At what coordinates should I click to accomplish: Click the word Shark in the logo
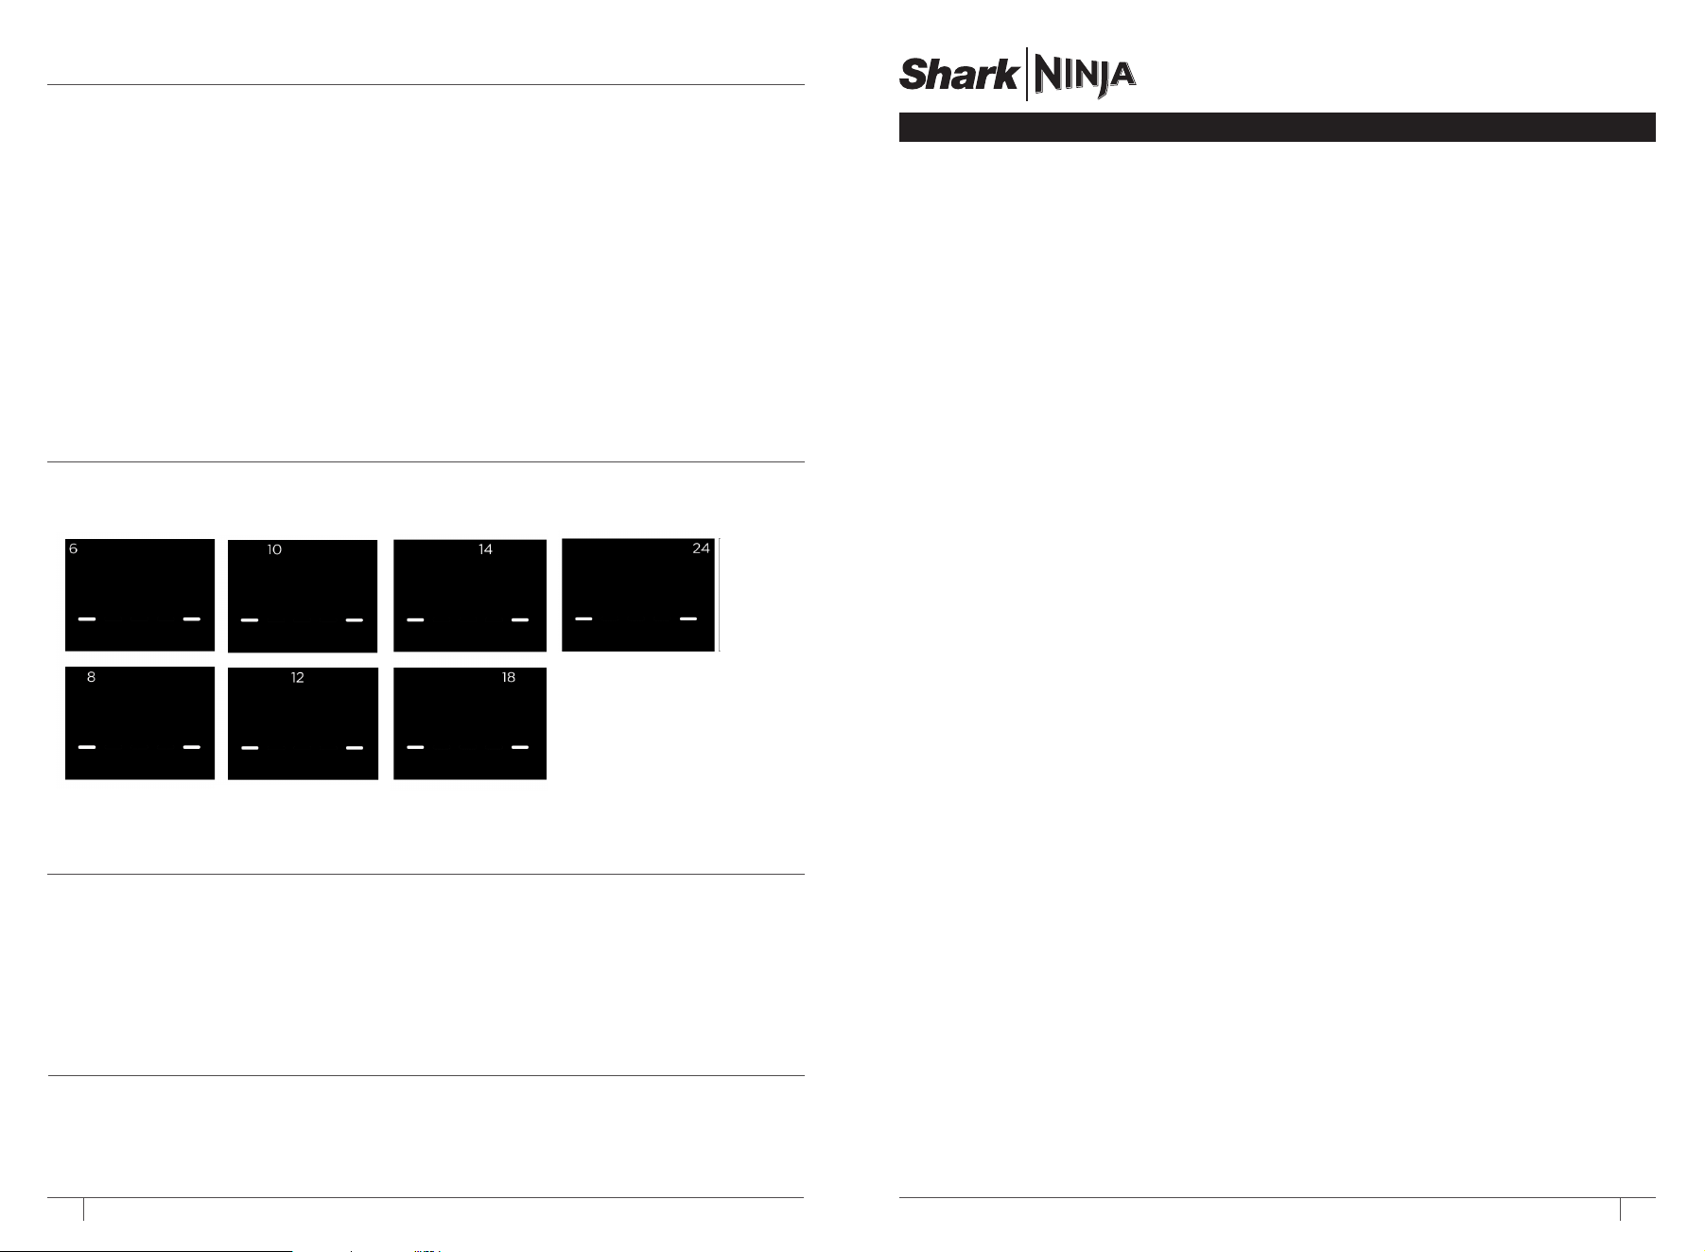pos(958,74)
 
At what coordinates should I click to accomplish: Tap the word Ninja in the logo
pos(1084,76)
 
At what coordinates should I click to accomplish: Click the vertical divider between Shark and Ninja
pos(1026,74)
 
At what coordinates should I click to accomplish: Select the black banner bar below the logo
pos(1277,128)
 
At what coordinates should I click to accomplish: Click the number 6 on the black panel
pos(73,549)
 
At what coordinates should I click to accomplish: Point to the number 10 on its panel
pos(274,549)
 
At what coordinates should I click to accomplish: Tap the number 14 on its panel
pos(485,549)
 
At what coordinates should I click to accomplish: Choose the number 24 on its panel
pos(701,548)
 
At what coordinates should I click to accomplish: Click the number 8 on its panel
pos(91,677)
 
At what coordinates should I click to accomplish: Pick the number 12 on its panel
pos(297,678)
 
